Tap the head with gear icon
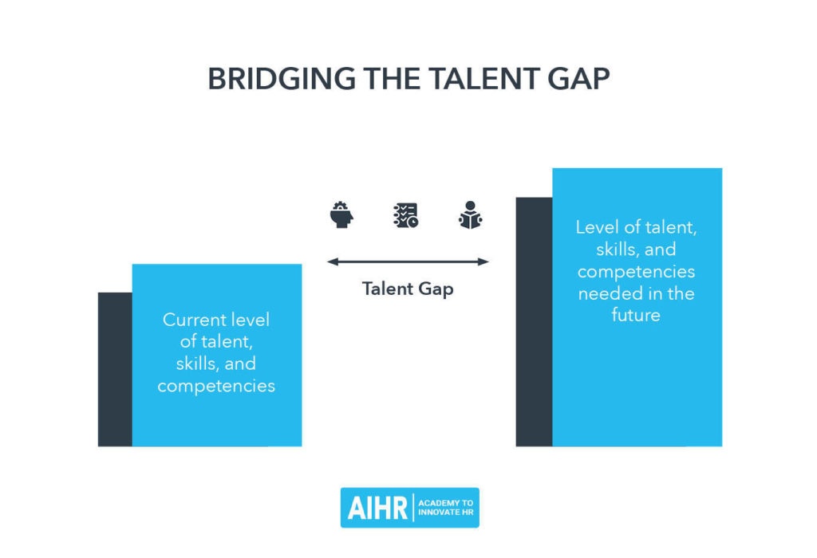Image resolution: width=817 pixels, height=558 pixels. pyautogui.click(x=341, y=215)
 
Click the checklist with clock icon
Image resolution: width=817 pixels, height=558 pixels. pyautogui.click(x=405, y=215)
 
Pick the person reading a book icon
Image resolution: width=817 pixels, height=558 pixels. pyautogui.click(x=471, y=215)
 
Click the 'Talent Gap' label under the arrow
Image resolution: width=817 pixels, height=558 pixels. pyautogui.click(x=408, y=289)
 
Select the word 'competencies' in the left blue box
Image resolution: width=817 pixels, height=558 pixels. pyautogui.click(x=216, y=386)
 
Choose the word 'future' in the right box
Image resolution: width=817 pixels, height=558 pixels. pyautogui.click(x=636, y=315)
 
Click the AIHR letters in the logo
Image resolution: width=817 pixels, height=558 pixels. pyautogui.click(x=377, y=507)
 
